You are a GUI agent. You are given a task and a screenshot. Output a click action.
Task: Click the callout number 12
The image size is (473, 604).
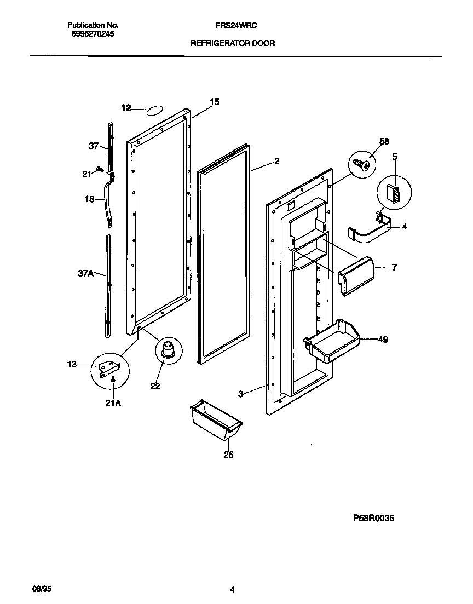pos(126,108)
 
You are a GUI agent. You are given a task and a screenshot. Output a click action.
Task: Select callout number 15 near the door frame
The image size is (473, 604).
pos(214,101)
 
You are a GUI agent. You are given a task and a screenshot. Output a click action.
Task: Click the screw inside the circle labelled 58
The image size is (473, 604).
pos(361,163)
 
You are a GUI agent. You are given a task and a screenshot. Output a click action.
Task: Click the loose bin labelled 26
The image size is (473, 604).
pos(215,419)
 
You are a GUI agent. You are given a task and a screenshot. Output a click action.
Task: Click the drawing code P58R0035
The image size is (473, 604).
pos(373,517)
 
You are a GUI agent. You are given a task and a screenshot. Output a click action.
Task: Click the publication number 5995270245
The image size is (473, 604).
pos(93,33)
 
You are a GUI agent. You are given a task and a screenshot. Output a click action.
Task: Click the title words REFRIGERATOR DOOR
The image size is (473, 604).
pos(232,42)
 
